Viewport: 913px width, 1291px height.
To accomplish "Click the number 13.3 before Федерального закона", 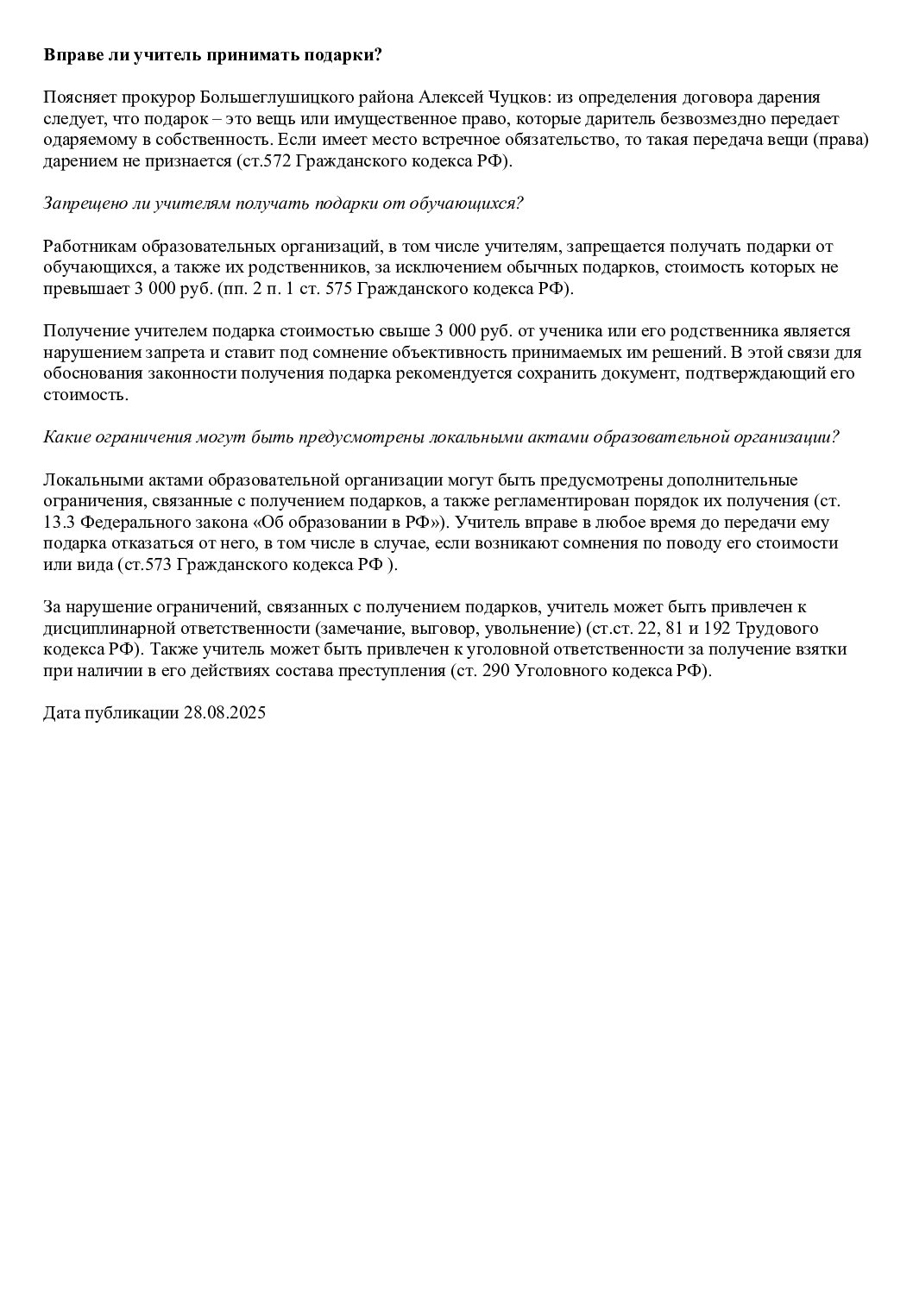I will coord(59,522).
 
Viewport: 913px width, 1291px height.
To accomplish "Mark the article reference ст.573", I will coord(158,564).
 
